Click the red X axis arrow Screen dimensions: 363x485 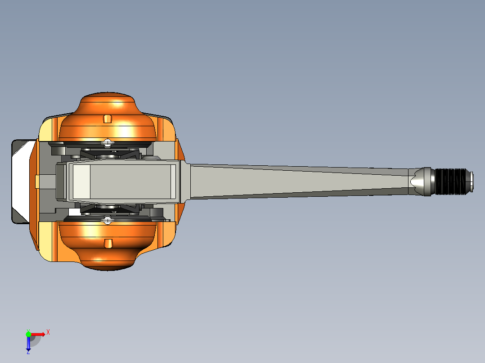(38, 334)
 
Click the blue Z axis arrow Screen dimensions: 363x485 (28, 344)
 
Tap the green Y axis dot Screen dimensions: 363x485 (28, 334)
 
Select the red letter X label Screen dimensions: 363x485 (48, 332)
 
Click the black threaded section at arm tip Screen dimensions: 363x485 (450, 181)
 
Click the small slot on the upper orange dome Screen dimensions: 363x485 (107, 119)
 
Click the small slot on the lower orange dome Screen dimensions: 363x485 (108, 243)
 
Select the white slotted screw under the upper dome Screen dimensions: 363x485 (108, 143)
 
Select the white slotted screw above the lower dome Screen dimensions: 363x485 (108, 220)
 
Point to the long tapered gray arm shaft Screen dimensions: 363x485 (297, 181)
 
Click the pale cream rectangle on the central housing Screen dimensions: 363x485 (81, 181)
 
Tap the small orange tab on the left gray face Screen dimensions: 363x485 (38, 181)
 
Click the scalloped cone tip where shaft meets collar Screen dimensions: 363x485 (415, 181)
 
